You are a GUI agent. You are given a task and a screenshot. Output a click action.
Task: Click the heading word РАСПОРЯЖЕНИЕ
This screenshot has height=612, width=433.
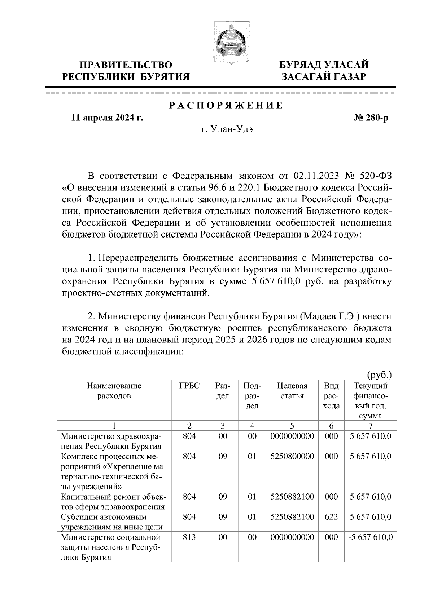click(x=226, y=106)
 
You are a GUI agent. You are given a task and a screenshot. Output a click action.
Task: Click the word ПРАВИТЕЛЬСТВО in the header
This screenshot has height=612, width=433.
click(x=126, y=65)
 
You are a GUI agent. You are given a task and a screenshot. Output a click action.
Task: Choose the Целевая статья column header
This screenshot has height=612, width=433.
click(x=292, y=391)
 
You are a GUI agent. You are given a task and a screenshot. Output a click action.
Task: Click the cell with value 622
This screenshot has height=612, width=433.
click(x=331, y=517)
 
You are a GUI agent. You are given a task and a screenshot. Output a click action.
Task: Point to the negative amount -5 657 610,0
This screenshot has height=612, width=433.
click(x=371, y=537)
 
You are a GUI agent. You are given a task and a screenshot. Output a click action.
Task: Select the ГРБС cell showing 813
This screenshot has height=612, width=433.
click(x=189, y=537)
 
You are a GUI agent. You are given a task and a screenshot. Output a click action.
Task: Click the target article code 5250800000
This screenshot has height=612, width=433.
click(x=292, y=456)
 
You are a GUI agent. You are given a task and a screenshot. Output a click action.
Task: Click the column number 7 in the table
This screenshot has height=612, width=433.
click(x=371, y=426)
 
